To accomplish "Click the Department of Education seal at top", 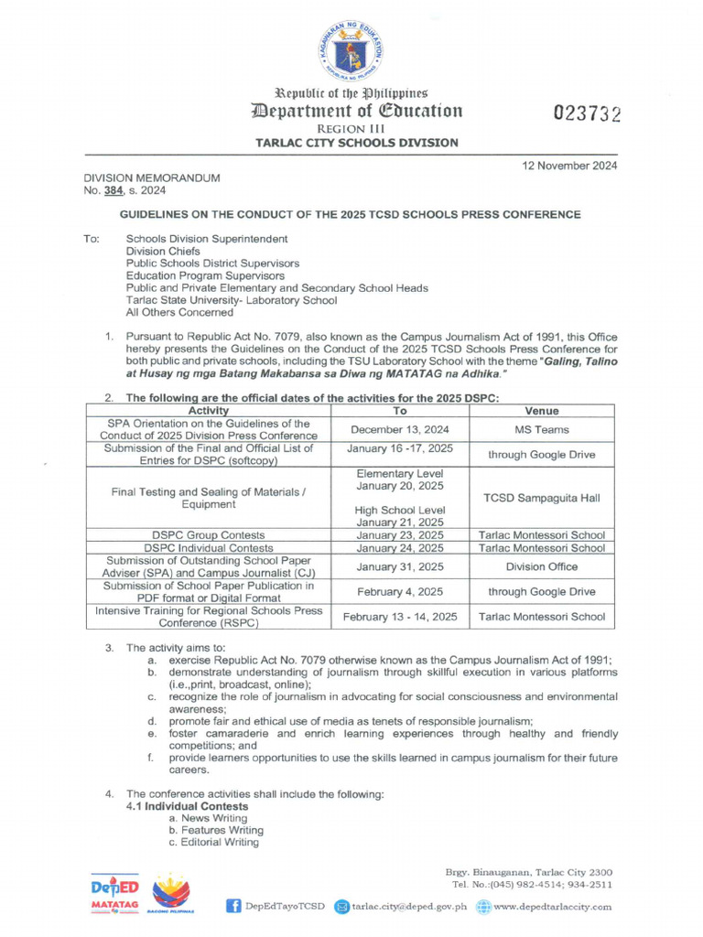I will click(351, 48).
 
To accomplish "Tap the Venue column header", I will click(542, 411).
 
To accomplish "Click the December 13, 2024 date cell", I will click(400, 429).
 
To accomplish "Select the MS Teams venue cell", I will click(542, 429).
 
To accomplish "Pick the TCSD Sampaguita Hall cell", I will click(542, 498).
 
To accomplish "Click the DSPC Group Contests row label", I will click(209, 534).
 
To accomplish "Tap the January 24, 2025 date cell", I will click(400, 548).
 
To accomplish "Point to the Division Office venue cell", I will click(542, 567).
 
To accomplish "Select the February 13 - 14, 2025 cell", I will click(400, 617).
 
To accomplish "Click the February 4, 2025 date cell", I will click(400, 592).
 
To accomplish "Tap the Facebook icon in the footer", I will click(233, 906).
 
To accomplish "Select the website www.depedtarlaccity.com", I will click(552, 906).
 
